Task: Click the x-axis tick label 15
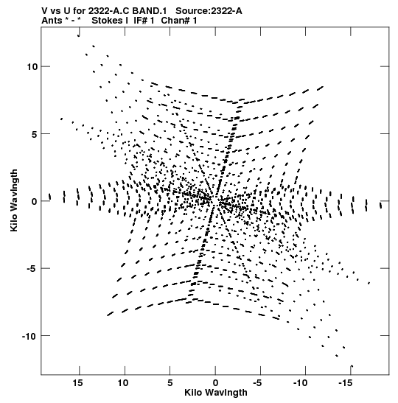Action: [77, 383]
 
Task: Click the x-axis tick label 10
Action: [122, 383]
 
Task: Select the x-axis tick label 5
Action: [170, 383]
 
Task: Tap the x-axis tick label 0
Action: [215, 383]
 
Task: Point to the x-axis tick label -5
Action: [257, 383]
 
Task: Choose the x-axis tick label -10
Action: [300, 383]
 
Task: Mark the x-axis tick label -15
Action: [345, 383]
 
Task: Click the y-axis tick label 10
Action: [32, 67]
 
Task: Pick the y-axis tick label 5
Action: [35, 134]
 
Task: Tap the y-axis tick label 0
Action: [35, 202]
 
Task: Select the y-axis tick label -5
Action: [32, 269]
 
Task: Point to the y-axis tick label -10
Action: [30, 336]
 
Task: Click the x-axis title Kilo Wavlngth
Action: [216, 393]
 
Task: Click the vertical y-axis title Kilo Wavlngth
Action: [14, 200]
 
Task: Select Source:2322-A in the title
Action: [209, 11]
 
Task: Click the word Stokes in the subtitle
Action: [107, 21]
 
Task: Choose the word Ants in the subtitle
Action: [52, 21]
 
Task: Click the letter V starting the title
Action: [45, 11]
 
